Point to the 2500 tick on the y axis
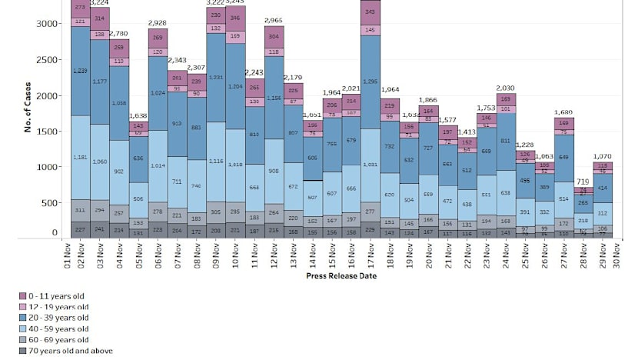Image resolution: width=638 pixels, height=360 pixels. point(46,59)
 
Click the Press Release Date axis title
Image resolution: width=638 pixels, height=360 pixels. point(341,275)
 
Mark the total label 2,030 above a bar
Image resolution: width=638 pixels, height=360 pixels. point(507,88)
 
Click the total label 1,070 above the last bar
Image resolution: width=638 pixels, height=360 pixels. point(603,156)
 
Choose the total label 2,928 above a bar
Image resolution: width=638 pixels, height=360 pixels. point(158,23)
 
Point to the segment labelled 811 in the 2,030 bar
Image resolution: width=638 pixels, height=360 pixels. point(507,142)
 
